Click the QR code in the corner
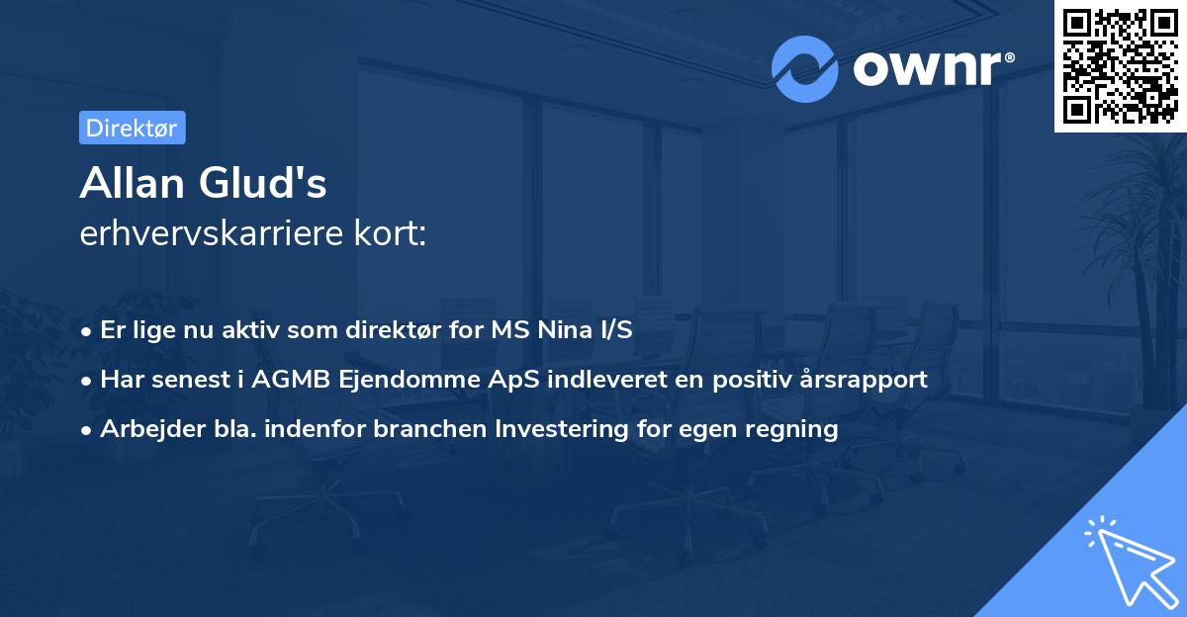click(x=1120, y=66)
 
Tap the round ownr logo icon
click(x=805, y=68)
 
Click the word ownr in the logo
click(x=929, y=69)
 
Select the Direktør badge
click(x=132, y=128)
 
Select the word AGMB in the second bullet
click(x=283, y=379)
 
